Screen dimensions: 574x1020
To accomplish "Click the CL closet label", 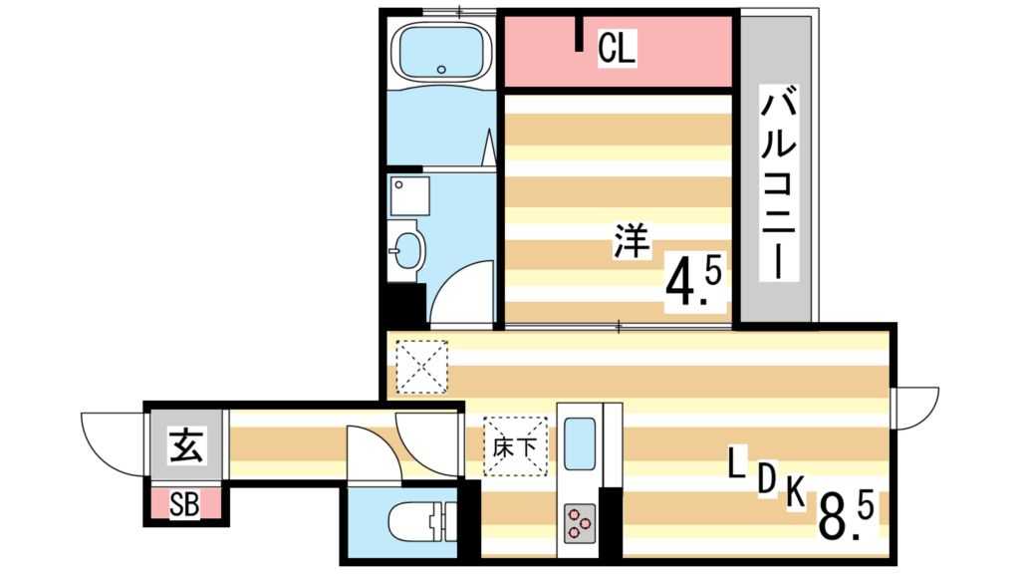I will [617, 50].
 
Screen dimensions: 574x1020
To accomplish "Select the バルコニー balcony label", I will [780, 184].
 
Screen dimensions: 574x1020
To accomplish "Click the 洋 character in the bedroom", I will [631, 242].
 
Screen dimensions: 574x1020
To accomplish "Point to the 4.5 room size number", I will [697, 282].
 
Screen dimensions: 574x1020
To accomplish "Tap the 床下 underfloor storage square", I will [516, 445].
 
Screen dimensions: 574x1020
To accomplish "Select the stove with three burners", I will [580, 521].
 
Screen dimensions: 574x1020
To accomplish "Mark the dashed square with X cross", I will [422, 367].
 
